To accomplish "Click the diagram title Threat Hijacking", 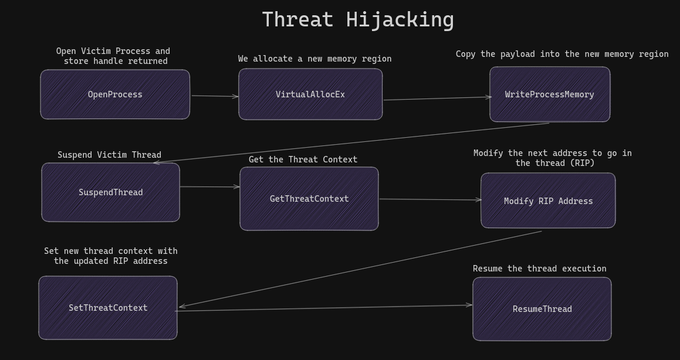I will (x=358, y=19).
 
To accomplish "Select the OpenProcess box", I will (x=115, y=94).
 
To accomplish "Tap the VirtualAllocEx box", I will (x=310, y=94).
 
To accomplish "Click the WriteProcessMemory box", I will (x=550, y=94).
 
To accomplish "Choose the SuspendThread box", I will (x=110, y=192).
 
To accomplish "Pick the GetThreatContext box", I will (x=309, y=199).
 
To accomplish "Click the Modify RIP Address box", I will (x=548, y=201).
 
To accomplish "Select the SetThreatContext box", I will (x=108, y=308).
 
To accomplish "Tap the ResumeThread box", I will (x=542, y=309).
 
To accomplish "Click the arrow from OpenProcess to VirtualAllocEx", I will (x=215, y=96).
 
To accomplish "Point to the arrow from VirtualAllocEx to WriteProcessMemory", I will (x=437, y=99).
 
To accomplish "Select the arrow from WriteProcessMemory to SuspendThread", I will (x=352, y=142).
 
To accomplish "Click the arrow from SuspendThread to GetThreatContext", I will (x=209, y=187).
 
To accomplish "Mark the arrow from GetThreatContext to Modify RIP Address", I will (x=430, y=199).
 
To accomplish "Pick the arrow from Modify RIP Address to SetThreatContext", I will (x=360, y=269).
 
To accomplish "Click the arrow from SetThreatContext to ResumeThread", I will (x=324, y=308).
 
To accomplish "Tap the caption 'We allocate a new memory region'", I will (x=314, y=59).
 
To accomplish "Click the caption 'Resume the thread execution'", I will (x=539, y=269).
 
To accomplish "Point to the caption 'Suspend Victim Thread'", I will (x=109, y=155).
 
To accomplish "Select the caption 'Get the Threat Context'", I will (x=303, y=159).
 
